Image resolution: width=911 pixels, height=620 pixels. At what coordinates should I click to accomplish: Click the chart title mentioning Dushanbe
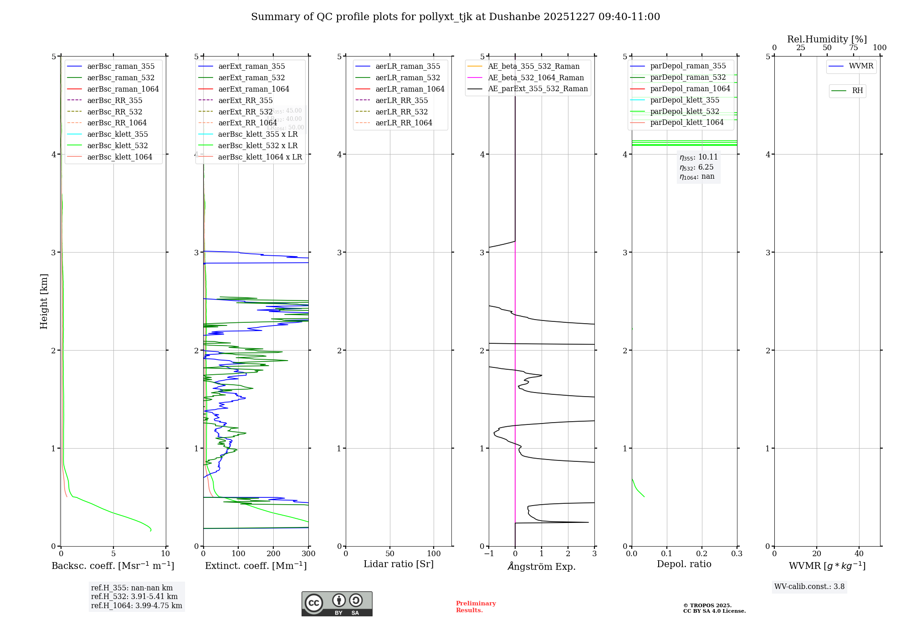pyautogui.click(x=455, y=17)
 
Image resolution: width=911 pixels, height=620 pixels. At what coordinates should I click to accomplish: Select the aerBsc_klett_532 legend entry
pyautogui.click(x=117, y=145)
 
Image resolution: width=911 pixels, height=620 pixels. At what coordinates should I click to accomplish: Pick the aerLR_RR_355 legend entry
pyautogui.click(x=401, y=100)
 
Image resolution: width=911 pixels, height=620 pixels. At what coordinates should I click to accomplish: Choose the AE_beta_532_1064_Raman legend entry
pyautogui.click(x=536, y=77)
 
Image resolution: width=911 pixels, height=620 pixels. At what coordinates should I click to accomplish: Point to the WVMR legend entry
pyautogui.click(x=860, y=66)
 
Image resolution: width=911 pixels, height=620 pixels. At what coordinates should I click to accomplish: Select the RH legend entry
pyautogui.click(x=857, y=91)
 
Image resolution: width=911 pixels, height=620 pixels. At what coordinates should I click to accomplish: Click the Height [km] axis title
pyautogui.click(x=44, y=301)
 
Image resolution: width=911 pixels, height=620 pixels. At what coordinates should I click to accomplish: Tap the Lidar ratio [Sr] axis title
pyautogui.click(x=399, y=564)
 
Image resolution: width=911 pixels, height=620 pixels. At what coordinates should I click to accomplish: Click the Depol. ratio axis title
pyautogui.click(x=684, y=564)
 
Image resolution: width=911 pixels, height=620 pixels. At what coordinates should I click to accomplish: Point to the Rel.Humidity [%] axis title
pyautogui.click(x=827, y=39)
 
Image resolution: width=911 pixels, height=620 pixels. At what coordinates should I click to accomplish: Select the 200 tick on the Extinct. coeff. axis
pyautogui.click(x=273, y=553)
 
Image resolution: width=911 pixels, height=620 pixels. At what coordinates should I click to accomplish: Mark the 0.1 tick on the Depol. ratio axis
pyautogui.click(x=667, y=553)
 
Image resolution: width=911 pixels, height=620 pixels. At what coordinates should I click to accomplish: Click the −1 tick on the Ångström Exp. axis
pyautogui.click(x=489, y=553)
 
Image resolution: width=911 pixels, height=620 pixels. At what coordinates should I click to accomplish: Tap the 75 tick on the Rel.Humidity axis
pyautogui.click(x=853, y=48)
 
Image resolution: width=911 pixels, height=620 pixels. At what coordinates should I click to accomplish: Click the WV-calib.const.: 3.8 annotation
pyautogui.click(x=809, y=587)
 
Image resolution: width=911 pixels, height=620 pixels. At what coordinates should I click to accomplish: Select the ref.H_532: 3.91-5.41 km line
pyautogui.click(x=134, y=596)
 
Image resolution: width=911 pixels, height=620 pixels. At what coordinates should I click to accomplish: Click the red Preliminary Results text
pyautogui.click(x=476, y=607)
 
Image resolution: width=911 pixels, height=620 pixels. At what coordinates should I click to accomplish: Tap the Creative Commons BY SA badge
pyautogui.click(x=337, y=604)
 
